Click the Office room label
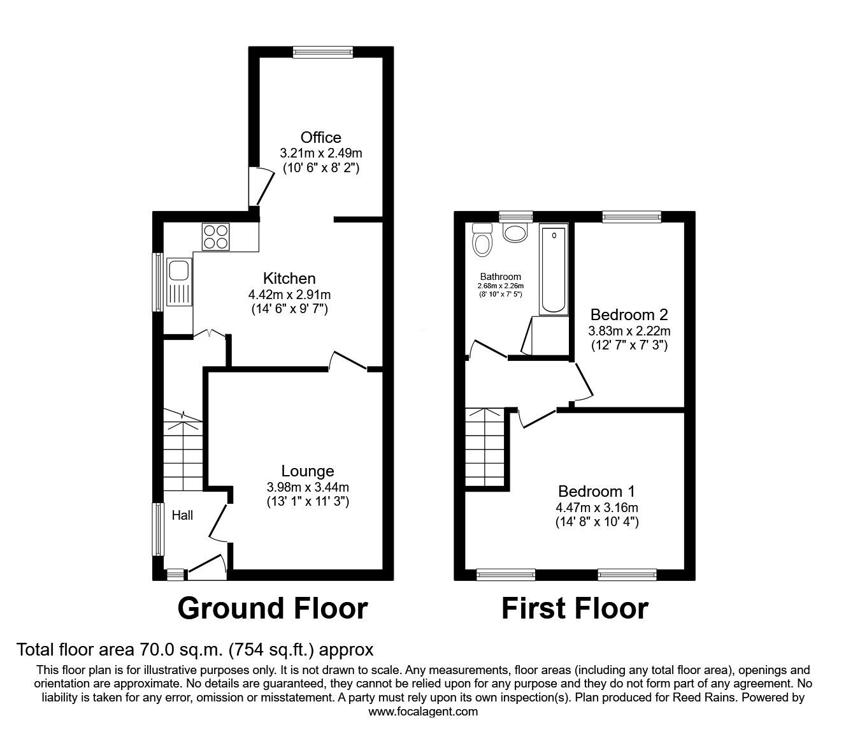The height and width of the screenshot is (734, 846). tap(320, 137)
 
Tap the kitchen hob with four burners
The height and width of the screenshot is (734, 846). tap(217, 237)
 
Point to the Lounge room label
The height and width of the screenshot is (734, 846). tap(308, 471)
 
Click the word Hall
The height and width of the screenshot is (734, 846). tap(183, 515)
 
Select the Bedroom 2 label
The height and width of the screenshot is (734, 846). tap(629, 314)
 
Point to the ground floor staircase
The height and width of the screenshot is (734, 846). tap(183, 451)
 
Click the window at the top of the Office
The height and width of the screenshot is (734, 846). tap(322, 52)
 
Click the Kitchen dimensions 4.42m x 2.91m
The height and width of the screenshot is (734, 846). tap(290, 295)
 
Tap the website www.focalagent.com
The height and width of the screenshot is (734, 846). tap(423, 711)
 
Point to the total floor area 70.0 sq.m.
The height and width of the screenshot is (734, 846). tap(194, 650)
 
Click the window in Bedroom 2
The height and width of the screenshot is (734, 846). tap(631, 217)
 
